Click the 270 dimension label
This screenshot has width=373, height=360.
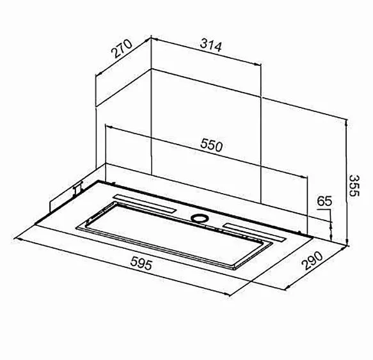[x=122, y=49]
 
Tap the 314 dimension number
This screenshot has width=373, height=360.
[x=210, y=46]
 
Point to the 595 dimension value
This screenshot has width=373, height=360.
[x=141, y=263]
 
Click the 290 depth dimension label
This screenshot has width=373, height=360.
[x=313, y=260]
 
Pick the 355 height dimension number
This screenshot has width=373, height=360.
[x=354, y=185]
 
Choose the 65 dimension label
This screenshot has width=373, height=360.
[x=324, y=201]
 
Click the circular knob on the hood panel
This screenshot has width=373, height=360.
[x=200, y=217]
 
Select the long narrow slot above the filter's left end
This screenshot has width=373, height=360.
[x=145, y=203]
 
